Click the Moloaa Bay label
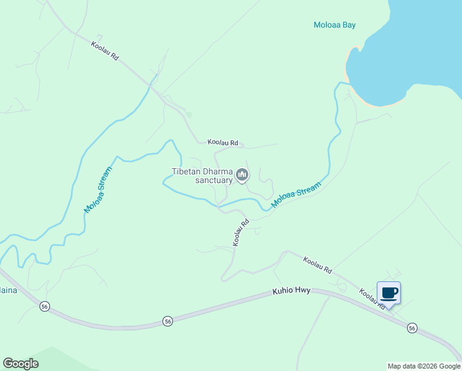pyautogui.click(x=335, y=25)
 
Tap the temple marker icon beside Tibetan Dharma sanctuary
pyautogui.click(x=243, y=176)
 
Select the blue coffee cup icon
pyautogui.click(x=388, y=292)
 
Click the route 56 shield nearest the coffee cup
pyautogui.click(x=413, y=328)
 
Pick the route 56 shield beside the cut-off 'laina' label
pyautogui.click(x=44, y=306)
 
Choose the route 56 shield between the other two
pyautogui.click(x=167, y=320)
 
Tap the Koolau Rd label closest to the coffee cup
pyautogui.click(x=373, y=300)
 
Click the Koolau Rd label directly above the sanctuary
pyautogui.click(x=222, y=142)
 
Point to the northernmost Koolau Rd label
pyautogui.click(x=104, y=51)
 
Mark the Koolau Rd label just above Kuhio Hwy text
pyautogui.click(x=317, y=266)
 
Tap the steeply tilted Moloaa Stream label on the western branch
pyautogui.click(x=98, y=190)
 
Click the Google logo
pyautogui.click(x=20, y=364)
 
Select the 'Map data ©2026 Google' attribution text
pyautogui.click(x=424, y=366)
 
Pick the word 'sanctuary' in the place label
pyautogui.click(x=213, y=181)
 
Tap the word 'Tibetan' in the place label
pyautogui.click(x=187, y=171)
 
